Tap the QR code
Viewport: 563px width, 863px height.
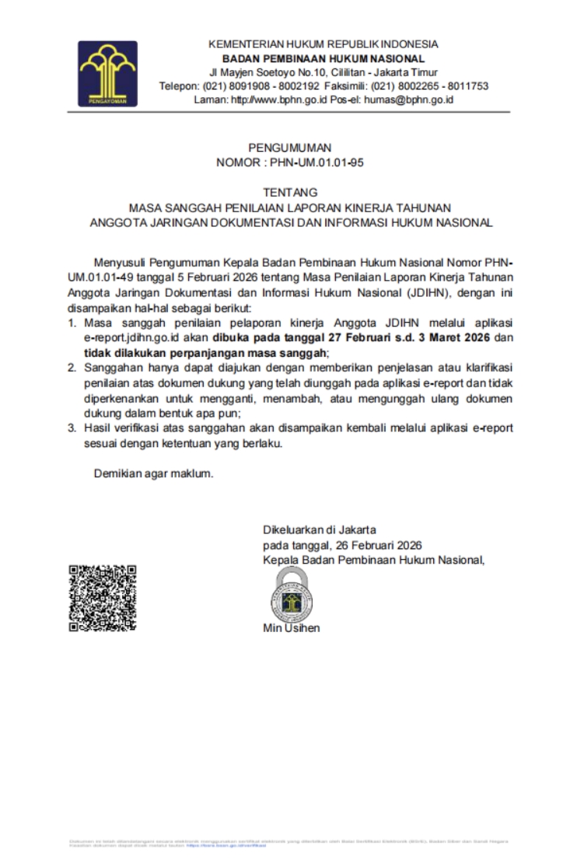click(103, 597)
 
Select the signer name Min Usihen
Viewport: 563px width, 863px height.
click(291, 628)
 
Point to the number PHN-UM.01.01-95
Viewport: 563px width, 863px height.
click(316, 163)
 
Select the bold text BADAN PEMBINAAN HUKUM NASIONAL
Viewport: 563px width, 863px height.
click(323, 58)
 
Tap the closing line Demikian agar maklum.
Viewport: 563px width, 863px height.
click(153, 473)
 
